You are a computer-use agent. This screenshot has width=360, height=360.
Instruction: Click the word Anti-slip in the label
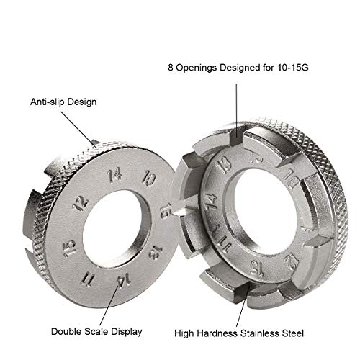tap(48, 102)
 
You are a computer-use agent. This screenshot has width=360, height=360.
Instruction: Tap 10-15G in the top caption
tap(292, 68)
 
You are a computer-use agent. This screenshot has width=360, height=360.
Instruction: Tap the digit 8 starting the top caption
tap(171, 68)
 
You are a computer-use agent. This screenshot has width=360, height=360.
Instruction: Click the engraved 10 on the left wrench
tap(149, 179)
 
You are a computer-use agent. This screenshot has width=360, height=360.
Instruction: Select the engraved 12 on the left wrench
tap(81, 203)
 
